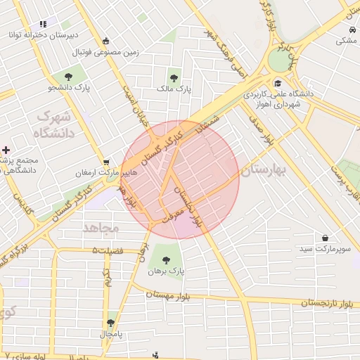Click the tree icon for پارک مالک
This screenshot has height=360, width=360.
click(174, 78)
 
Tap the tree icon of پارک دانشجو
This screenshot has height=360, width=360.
click(68, 77)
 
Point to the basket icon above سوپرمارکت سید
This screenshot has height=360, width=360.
click(324, 238)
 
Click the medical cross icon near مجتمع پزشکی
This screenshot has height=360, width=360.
click(6, 150)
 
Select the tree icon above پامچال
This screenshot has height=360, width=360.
click(110, 323)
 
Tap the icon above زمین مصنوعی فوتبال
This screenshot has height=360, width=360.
click(105, 41)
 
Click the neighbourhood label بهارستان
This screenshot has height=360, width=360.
click(265, 169)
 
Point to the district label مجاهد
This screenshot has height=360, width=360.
click(102, 229)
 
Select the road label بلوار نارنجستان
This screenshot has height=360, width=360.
click(327, 304)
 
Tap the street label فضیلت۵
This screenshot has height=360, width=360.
click(108, 250)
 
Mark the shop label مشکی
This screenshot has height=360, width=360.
click(346, 40)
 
